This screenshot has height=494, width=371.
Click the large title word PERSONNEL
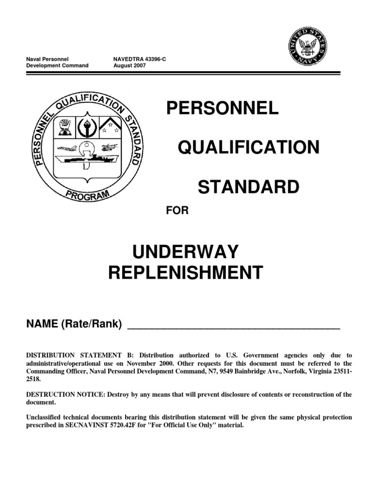[x=223, y=109]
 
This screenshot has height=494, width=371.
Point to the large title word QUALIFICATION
[x=249, y=148]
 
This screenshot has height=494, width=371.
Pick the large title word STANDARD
[x=249, y=187]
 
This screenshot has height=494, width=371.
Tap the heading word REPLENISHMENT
[x=185, y=273]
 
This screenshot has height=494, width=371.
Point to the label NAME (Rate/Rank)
[x=73, y=324]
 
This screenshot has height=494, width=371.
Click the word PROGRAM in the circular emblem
[x=87, y=195]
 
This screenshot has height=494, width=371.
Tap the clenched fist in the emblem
[x=65, y=127]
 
